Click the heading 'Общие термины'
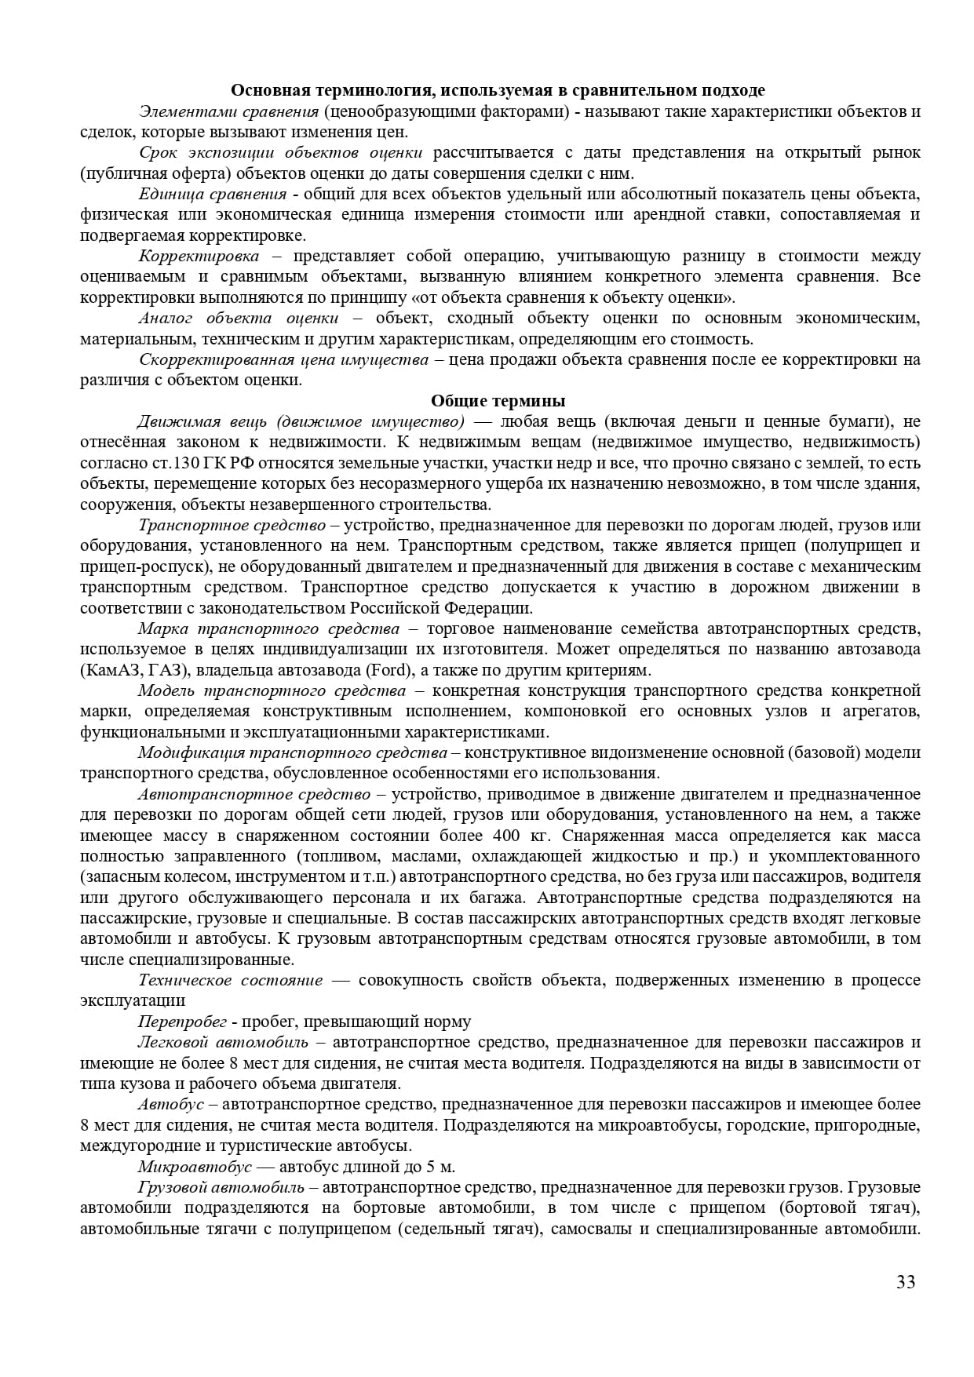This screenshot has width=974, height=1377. point(498,401)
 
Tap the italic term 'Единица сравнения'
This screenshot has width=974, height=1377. point(213,194)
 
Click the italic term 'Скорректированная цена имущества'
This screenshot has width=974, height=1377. point(283,359)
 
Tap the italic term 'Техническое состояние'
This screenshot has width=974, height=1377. point(230,980)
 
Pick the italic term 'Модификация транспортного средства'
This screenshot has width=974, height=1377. point(293,752)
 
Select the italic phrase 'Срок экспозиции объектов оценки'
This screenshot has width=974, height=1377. point(280,152)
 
